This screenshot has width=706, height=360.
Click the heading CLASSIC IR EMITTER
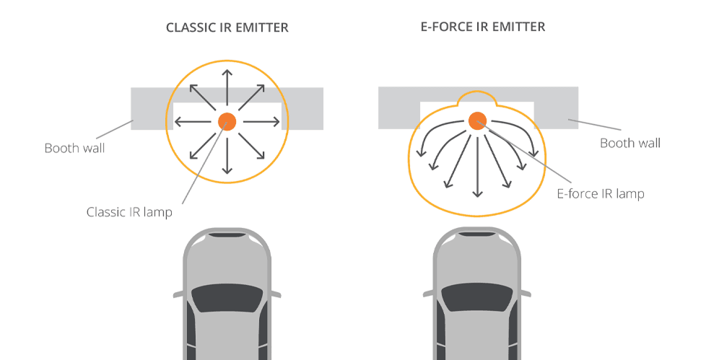[x=227, y=28]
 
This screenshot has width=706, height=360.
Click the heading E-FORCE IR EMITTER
[x=482, y=27]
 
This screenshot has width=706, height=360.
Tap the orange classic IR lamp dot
[x=227, y=121]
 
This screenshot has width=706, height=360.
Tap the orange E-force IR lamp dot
[x=477, y=120]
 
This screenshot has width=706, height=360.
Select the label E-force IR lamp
[x=600, y=193]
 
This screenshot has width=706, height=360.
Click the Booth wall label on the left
[x=74, y=149]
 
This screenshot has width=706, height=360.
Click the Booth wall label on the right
[x=630, y=143]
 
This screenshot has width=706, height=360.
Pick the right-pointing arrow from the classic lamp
[x=261, y=121]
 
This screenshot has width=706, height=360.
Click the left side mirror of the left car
[x=178, y=294]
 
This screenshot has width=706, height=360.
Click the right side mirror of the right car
[x=526, y=294]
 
